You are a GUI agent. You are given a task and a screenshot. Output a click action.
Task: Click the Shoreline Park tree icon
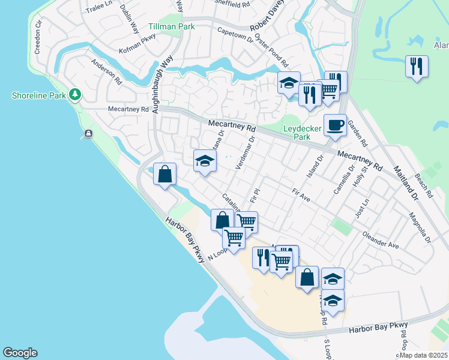point(75,94)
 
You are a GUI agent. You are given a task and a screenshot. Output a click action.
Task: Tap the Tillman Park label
point(172,27)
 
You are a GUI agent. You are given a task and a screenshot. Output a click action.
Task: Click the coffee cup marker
point(335,124)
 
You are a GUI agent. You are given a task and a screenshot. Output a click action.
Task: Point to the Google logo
point(20,353)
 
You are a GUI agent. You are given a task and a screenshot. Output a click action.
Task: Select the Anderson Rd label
point(106,71)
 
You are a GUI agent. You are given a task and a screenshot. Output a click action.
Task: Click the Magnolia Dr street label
point(420,227)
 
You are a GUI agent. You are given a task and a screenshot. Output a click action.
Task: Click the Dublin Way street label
point(130,17)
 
